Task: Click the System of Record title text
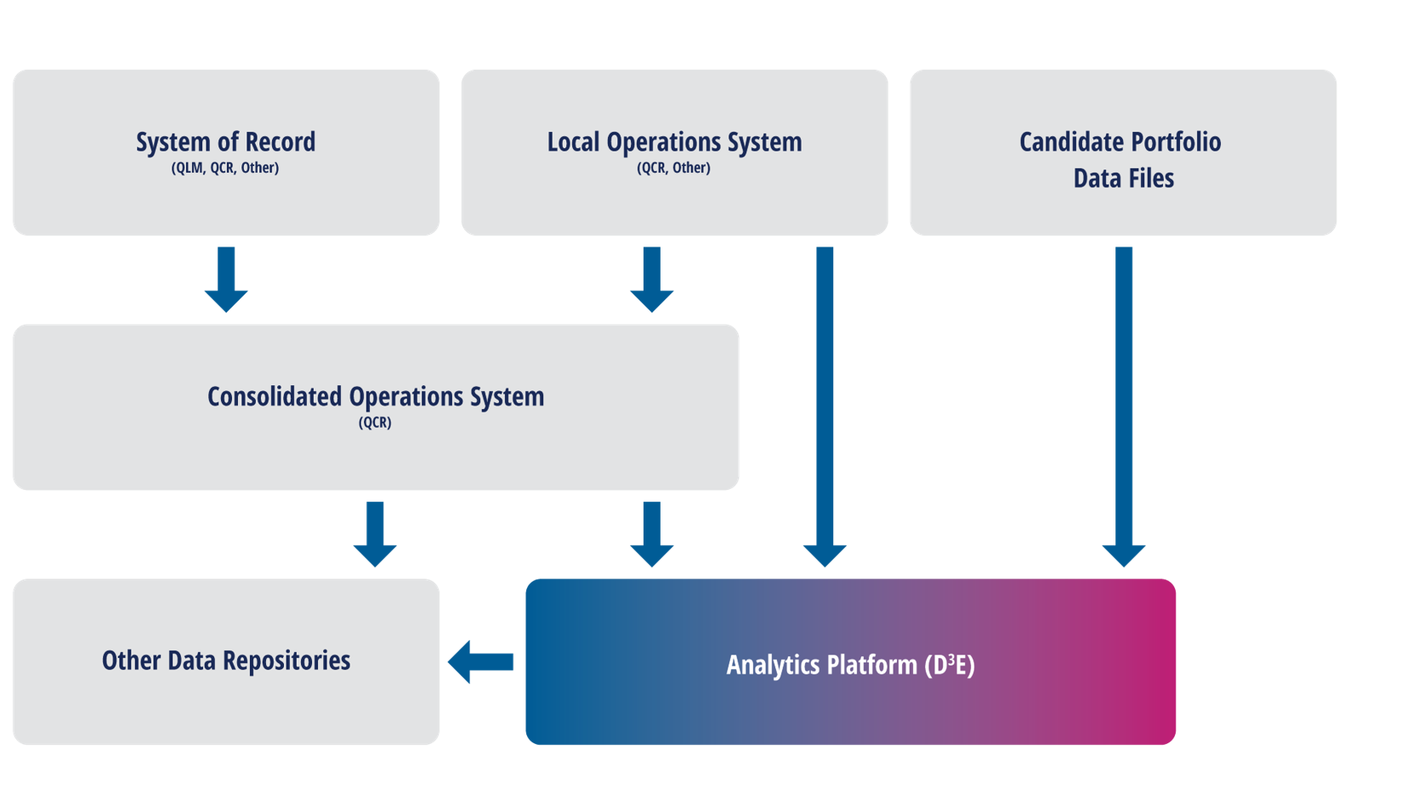(225, 142)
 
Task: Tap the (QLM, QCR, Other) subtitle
(225, 168)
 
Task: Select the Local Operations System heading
(674, 142)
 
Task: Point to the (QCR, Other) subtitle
(673, 168)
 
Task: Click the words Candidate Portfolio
(1120, 142)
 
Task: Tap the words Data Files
(1123, 179)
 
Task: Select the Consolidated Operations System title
(376, 397)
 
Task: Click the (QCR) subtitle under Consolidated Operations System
(375, 423)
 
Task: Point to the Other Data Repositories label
(226, 661)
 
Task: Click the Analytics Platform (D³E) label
(850, 665)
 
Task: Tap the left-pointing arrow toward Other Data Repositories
(481, 662)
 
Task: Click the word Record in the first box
(280, 142)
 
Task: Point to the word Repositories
(287, 661)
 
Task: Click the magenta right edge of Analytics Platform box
(1160, 662)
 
